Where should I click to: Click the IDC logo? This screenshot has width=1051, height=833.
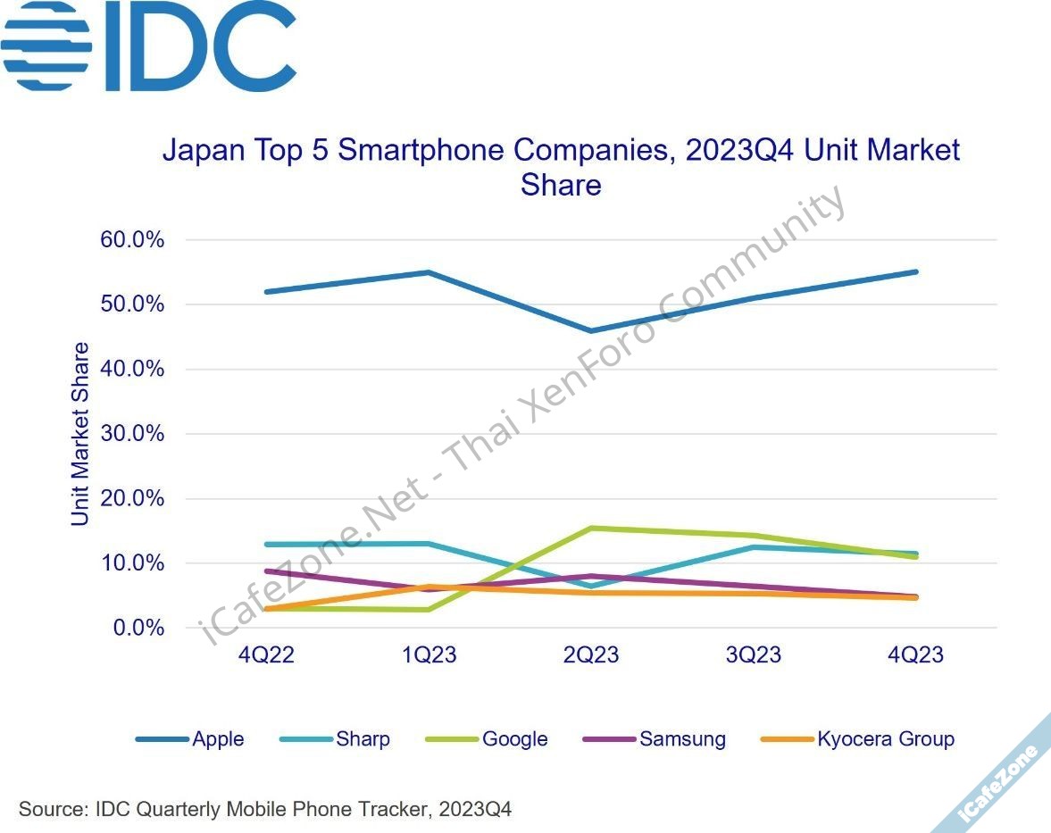(x=148, y=46)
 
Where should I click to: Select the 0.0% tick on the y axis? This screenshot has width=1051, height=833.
(x=134, y=628)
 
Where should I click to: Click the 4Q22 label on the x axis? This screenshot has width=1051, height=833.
(x=266, y=655)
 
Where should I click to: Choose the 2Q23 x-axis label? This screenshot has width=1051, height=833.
(x=590, y=655)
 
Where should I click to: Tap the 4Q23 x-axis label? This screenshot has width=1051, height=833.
(x=914, y=655)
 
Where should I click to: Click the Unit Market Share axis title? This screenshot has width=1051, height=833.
(x=80, y=434)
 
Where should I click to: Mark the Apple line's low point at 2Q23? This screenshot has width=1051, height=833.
(x=590, y=331)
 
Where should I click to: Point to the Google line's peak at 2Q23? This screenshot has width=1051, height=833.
(x=590, y=528)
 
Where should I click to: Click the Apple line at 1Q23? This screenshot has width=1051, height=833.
(x=429, y=272)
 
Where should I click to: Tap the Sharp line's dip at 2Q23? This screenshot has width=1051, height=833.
(x=590, y=587)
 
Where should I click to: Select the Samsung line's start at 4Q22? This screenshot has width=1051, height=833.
(x=266, y=571)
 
